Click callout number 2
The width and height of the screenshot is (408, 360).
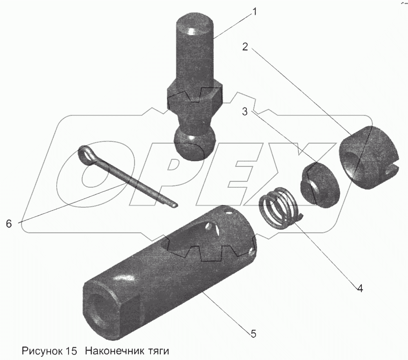coord(245,47)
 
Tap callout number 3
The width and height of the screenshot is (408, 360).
coord(245,112)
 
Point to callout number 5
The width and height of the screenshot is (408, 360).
coord(253,333)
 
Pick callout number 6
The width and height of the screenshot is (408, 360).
coord(9,223)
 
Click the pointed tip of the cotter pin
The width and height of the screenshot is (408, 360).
coord(175,205)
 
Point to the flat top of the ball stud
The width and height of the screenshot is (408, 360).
coord(195,25)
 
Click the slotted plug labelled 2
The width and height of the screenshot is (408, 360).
coord(368,158)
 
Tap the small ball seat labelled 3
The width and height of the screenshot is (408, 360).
coord(320,185)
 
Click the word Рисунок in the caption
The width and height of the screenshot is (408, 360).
coord(42,351)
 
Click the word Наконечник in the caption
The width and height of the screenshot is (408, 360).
coord(114,351)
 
